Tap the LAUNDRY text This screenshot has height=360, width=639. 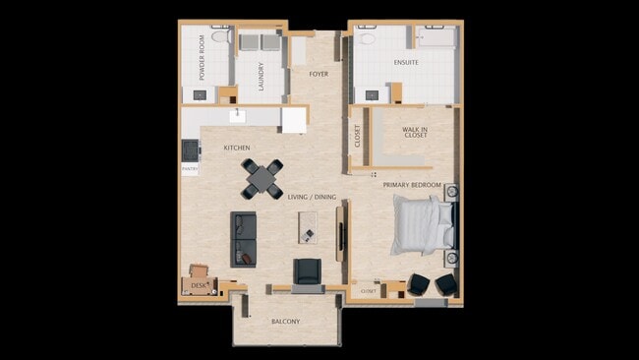261,76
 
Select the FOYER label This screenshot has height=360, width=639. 319,74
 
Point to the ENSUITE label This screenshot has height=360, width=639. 406,63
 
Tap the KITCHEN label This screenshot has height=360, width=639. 237,148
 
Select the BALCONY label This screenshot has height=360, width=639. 285,322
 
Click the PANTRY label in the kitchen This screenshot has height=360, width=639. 190,168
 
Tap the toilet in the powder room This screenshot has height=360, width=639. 221,36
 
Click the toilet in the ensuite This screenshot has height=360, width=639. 367,39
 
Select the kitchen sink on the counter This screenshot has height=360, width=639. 237,116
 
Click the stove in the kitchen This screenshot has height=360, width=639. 189,150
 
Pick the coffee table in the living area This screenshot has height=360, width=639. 308,234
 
